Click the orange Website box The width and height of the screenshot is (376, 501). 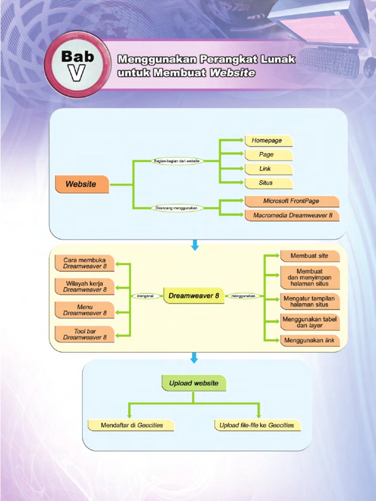[81, 184]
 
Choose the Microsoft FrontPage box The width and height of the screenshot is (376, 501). [292, 201]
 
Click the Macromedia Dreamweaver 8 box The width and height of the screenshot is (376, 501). [292, 215]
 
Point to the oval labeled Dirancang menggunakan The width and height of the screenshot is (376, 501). [176, 208]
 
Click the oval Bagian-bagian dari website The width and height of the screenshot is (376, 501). [177, 160]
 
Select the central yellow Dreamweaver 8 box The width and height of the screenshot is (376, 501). [194, 296]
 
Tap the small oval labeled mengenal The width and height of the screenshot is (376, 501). [145, 296]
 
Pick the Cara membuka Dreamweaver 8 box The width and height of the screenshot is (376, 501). [85, 263]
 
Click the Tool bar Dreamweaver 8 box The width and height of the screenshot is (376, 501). [85, 335]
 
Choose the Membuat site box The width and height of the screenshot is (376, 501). [309, 256]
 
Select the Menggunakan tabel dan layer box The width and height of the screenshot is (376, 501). [309, 322]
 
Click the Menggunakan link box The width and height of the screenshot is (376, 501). [309, 341]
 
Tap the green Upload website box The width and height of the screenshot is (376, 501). [194, 383]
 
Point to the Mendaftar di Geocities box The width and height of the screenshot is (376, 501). [131, 425]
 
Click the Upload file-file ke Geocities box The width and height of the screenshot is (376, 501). [257, 425]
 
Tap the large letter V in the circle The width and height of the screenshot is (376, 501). [77, 73]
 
